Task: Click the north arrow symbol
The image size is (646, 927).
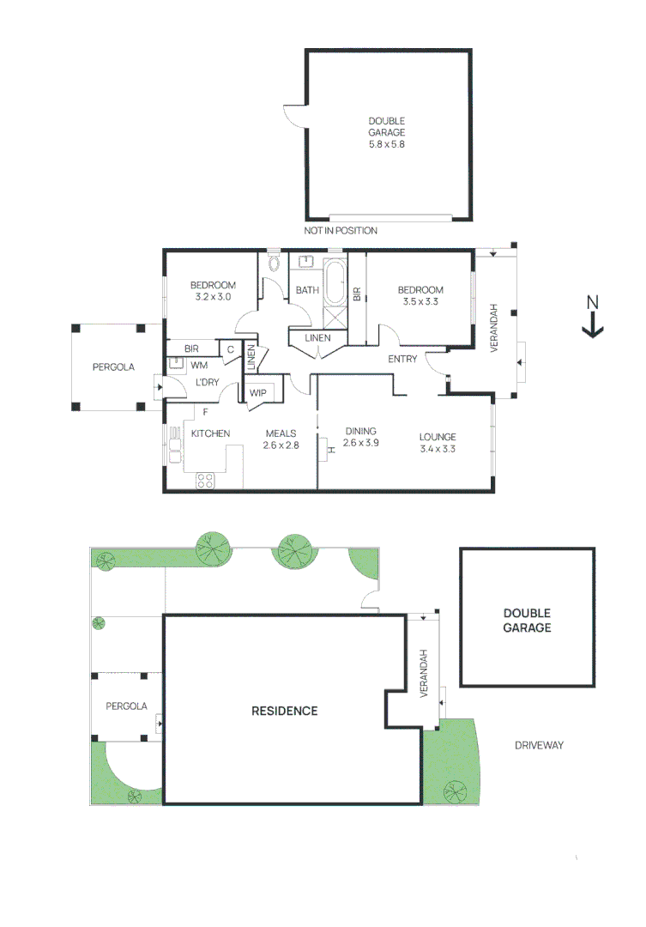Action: click(592, 317)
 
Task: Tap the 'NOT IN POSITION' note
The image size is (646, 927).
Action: click(341, 231)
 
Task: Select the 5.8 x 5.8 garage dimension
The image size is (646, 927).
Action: click(386, 144)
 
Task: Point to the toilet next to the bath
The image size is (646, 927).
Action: click(275, 263)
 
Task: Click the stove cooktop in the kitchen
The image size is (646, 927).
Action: click(205, 481)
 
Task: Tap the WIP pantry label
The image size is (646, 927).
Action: click(258, 393)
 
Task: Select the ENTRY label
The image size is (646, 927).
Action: click(402, 359)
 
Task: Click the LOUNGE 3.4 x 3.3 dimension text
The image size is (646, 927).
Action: click(438, 448)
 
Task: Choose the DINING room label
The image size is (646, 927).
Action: click(360, 432)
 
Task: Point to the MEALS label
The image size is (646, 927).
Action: click(281, 433)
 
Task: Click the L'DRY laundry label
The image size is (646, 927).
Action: click(205, 382)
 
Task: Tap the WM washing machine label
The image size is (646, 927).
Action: click(198, 366)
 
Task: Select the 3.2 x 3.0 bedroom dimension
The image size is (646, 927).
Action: click(213, 297)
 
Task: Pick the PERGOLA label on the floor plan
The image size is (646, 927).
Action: click(113, 367)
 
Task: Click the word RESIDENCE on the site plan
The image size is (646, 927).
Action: click(284, 711)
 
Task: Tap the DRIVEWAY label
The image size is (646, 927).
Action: click(539, 745)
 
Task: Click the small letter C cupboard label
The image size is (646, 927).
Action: click(230, 349)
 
